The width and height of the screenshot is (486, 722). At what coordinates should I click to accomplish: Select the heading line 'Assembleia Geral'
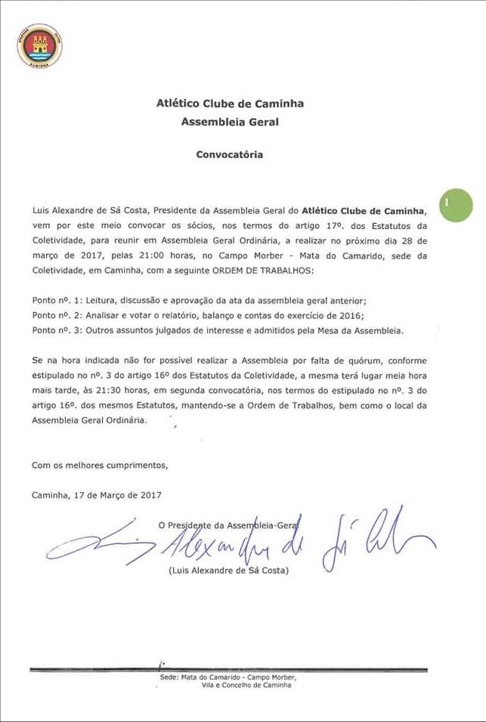230,120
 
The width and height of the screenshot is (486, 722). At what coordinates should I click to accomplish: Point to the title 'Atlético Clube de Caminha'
230,104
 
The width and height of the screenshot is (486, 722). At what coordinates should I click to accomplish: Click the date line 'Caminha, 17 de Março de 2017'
97,494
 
